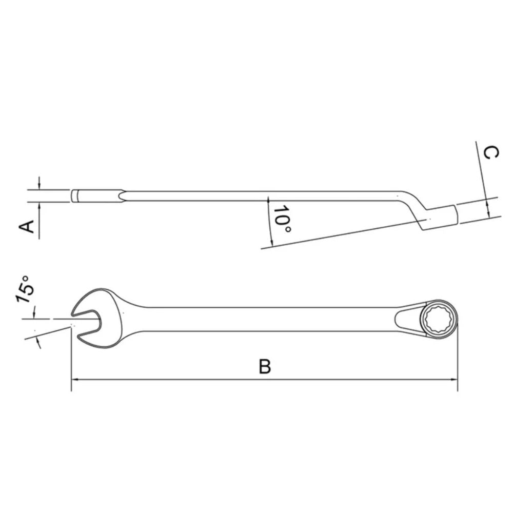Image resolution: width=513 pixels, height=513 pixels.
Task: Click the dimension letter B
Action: pos(264,366)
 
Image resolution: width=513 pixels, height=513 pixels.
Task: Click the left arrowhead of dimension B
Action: pos(75,380)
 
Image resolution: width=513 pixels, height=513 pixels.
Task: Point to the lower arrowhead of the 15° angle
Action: pos(37,342)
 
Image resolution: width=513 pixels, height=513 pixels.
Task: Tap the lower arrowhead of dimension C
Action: pos(488,212)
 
